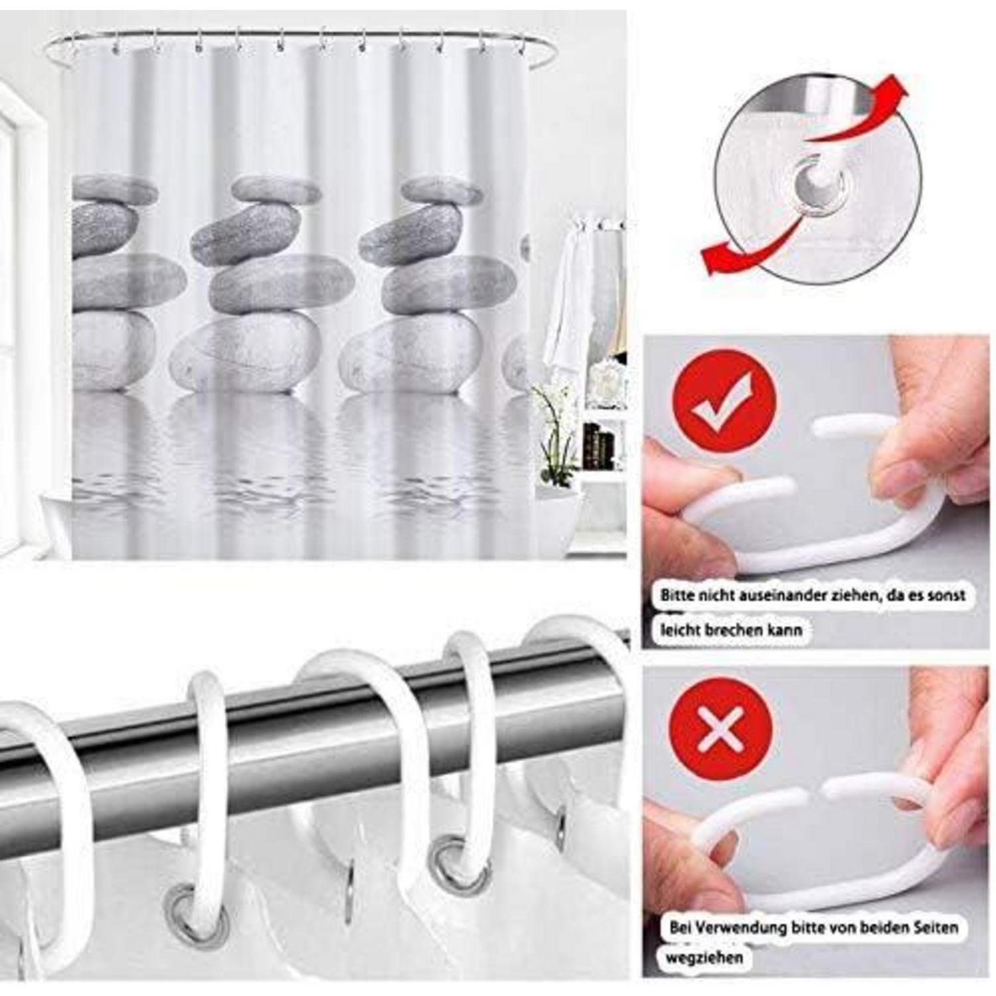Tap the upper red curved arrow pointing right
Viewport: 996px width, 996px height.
pyautogui.click(x=857, y=113)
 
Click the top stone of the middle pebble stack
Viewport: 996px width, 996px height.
pyautogui.click(x=276, y=190)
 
